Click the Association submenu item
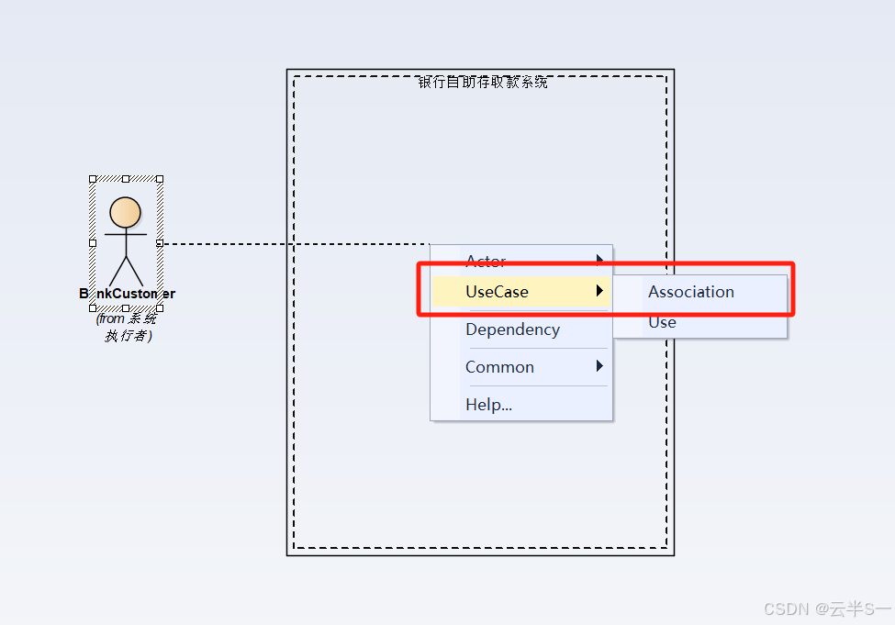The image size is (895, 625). [690, 292]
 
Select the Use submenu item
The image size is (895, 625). [662, 323]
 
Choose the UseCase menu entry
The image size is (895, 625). [497, 292]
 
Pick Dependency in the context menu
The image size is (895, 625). [512, 329]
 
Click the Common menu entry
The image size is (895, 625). [499, 367]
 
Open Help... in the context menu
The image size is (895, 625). [488, 405]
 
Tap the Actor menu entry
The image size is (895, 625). [486, 261]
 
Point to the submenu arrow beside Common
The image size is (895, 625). [600, 366]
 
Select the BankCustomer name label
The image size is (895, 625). [127, 294]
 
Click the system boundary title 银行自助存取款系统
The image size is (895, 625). [483, 83]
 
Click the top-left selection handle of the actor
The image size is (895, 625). [93, 179]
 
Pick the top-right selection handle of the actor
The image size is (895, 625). [160, 179]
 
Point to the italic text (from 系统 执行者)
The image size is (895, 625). [127, 327]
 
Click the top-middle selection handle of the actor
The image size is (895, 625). [126, 179]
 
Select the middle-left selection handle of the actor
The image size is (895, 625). [93, 243]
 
